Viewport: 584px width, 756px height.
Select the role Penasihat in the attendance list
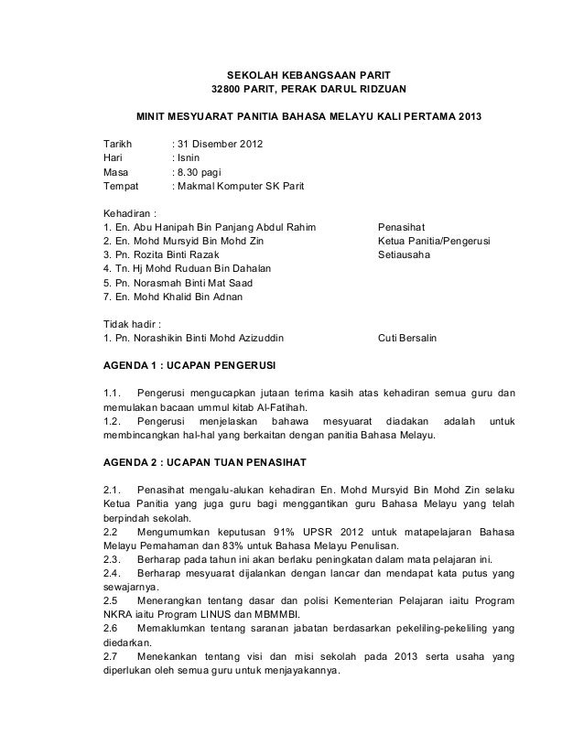pyautogui.click(x=402, y=227)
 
